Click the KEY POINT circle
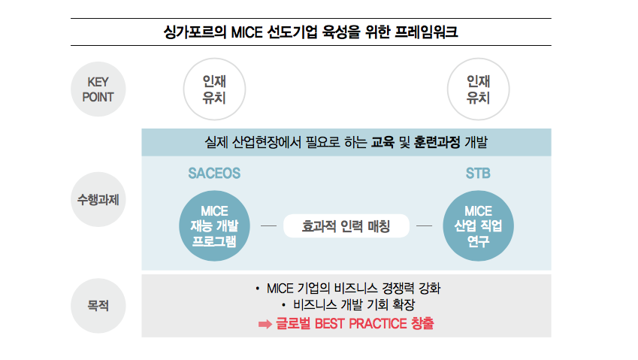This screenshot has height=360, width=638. click(98, 89)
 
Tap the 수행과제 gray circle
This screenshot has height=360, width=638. click(98, 199)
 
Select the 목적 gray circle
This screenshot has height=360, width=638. click(98, 305)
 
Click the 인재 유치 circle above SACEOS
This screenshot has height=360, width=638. click(214, 89)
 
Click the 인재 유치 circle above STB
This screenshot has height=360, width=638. click(478, 89)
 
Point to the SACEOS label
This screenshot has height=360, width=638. click(214, 174)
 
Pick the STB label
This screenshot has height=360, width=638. click(478, 174)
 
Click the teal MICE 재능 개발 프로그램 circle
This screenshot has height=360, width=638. click(214, 225)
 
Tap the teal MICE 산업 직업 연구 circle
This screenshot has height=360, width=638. click(478, 225)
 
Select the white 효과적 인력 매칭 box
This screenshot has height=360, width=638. click(346, 225)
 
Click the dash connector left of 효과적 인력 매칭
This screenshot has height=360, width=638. click(268, 225)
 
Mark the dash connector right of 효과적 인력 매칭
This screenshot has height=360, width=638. click(424, 225)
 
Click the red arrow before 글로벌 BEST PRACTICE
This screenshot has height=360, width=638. click(265, 324)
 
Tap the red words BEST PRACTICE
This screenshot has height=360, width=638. click(361, 324)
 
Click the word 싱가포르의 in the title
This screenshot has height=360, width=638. click(195, 32)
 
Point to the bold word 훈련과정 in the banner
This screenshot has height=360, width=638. click(437, 142)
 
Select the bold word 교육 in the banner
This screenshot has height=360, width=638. click(382, 142)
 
